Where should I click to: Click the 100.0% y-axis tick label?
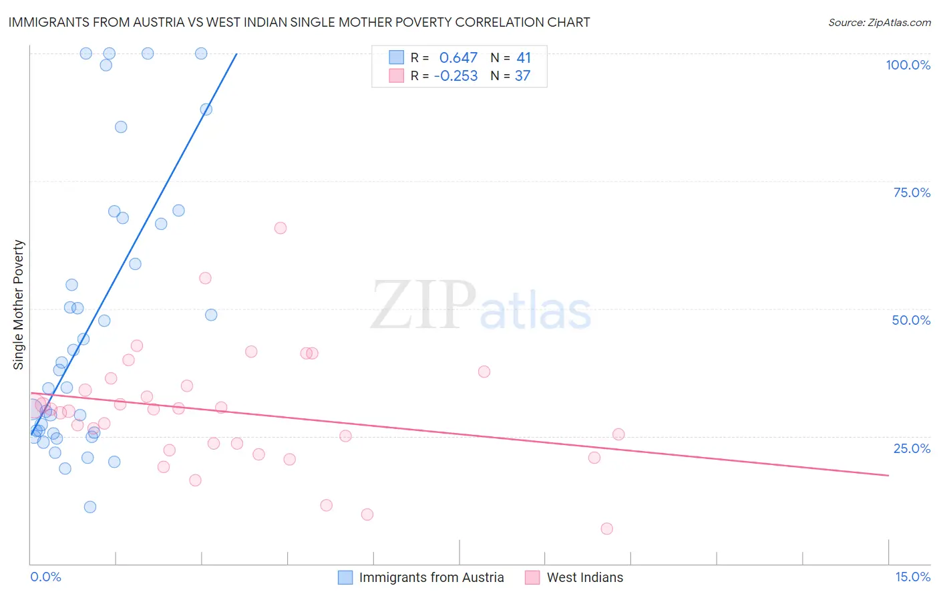pos(908,65)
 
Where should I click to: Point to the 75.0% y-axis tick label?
pos(912,192)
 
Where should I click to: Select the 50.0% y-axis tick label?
pos(911,320)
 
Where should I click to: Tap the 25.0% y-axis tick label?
pos(912,448)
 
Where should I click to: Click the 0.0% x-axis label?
pos(45,577)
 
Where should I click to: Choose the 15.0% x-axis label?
pos(912,577)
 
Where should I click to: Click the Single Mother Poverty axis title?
pos(19,305)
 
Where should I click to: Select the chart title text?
pos(299,22)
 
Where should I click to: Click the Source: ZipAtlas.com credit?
pos(879,22)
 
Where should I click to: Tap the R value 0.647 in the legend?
pos(458,58)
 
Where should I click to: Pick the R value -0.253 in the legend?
pos(455,76)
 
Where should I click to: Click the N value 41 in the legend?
pos(524,58)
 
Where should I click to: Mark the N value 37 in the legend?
pos(522,76)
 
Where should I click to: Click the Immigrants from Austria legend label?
pos(431,577)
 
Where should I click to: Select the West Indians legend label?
pos(584,577)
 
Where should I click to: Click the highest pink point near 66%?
pos(280,228)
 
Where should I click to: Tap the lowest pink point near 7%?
pos(606,529)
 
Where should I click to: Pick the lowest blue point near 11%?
pos(90,506)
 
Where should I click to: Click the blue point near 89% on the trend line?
pos(206,109)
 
